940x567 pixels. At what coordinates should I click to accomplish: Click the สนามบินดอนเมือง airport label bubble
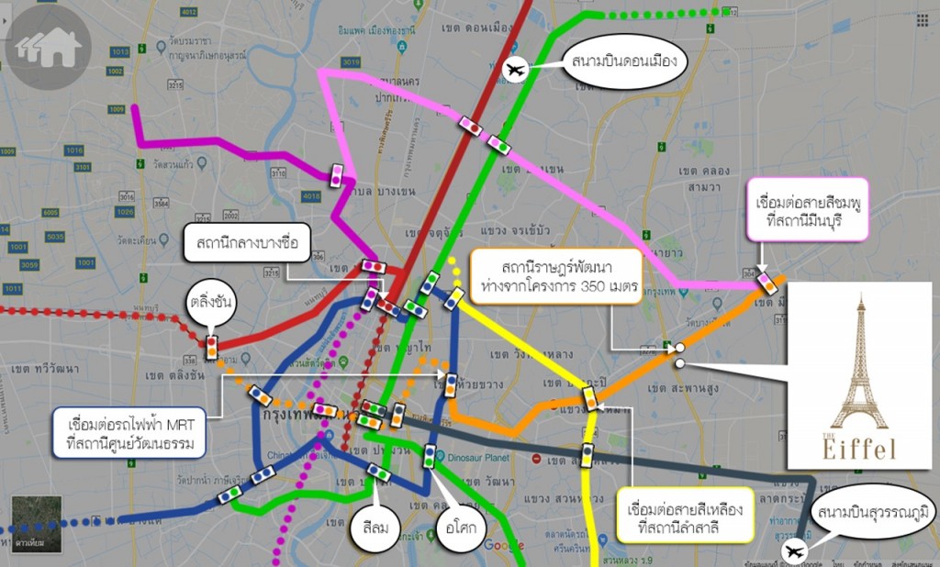click(623, 62)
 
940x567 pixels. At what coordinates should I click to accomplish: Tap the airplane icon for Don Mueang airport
click(517, 69)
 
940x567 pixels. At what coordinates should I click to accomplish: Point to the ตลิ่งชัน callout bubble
click(209, 301)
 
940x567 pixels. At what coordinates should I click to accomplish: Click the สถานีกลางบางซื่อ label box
click(247, 245)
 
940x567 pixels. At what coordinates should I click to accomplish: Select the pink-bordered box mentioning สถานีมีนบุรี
click(807, 210)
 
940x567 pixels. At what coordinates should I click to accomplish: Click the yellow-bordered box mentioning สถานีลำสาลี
click(685, 517)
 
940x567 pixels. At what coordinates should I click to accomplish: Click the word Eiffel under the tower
click(859, 449)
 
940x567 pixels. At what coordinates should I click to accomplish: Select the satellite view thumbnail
click(36, 524)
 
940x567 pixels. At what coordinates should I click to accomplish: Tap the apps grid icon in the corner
click(921, 19)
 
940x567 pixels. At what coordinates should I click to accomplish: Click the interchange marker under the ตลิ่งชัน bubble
click(211, 347)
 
